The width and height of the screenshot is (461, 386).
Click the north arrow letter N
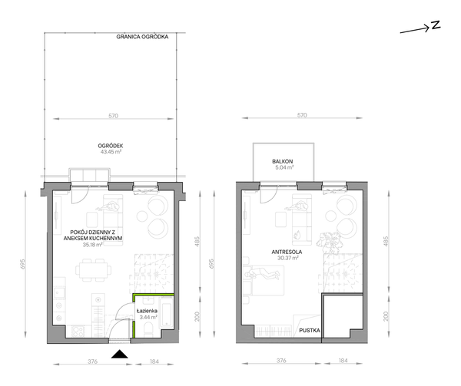[436, 25]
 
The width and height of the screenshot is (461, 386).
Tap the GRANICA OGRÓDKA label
[142, 37]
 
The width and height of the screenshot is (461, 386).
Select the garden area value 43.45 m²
[110, 152]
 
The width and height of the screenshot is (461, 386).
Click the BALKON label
[283, 161]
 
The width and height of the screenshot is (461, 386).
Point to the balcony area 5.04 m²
[283, 167]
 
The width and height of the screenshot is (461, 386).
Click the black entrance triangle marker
[120, 354]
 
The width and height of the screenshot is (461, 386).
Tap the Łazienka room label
[147, 311]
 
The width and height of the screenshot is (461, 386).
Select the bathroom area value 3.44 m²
[148, 317]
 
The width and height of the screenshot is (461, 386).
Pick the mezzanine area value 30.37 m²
[288, 259]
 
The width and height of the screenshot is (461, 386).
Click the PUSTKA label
[310, 331]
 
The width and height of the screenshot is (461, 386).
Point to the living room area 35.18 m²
[93, 245]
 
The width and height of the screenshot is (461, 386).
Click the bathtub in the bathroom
[166, 313]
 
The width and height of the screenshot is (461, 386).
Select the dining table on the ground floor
[94, 270]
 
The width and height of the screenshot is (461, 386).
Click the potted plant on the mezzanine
[330, 242]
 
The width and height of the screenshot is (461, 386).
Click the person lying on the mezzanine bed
[262, 274]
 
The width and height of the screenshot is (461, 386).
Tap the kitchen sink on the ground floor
[60, 292]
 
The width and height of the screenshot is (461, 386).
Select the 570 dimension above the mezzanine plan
[302, 115]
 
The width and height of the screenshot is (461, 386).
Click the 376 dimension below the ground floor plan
[93, 361]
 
